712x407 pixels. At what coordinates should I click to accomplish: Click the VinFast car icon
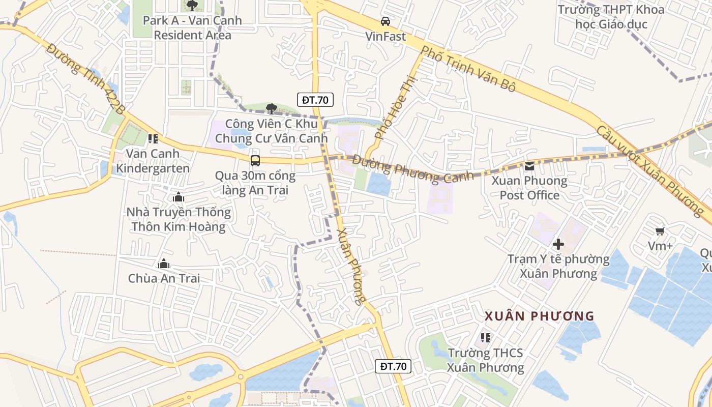385,21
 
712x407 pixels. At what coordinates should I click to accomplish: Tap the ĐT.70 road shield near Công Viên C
315,100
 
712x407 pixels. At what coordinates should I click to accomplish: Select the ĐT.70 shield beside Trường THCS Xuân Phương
393,366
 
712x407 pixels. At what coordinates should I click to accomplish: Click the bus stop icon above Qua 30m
255,161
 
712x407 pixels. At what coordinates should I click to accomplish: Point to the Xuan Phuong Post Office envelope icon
529,166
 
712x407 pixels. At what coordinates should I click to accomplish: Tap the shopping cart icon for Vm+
660,231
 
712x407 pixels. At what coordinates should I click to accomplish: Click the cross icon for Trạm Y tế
558,244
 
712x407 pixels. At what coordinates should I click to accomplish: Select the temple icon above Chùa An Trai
164,264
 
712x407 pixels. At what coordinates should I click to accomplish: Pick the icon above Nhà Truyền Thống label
178,197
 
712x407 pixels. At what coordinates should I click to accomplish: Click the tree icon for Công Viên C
272,108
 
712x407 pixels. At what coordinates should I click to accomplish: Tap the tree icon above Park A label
192,6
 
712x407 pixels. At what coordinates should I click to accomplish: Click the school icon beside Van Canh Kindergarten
153,138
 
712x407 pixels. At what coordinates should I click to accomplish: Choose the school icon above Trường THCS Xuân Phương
486,338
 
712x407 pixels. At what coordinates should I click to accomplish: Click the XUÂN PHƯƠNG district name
540,316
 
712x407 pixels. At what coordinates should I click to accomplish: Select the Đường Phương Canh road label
412,169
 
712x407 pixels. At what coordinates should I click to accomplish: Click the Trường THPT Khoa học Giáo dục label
611,17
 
